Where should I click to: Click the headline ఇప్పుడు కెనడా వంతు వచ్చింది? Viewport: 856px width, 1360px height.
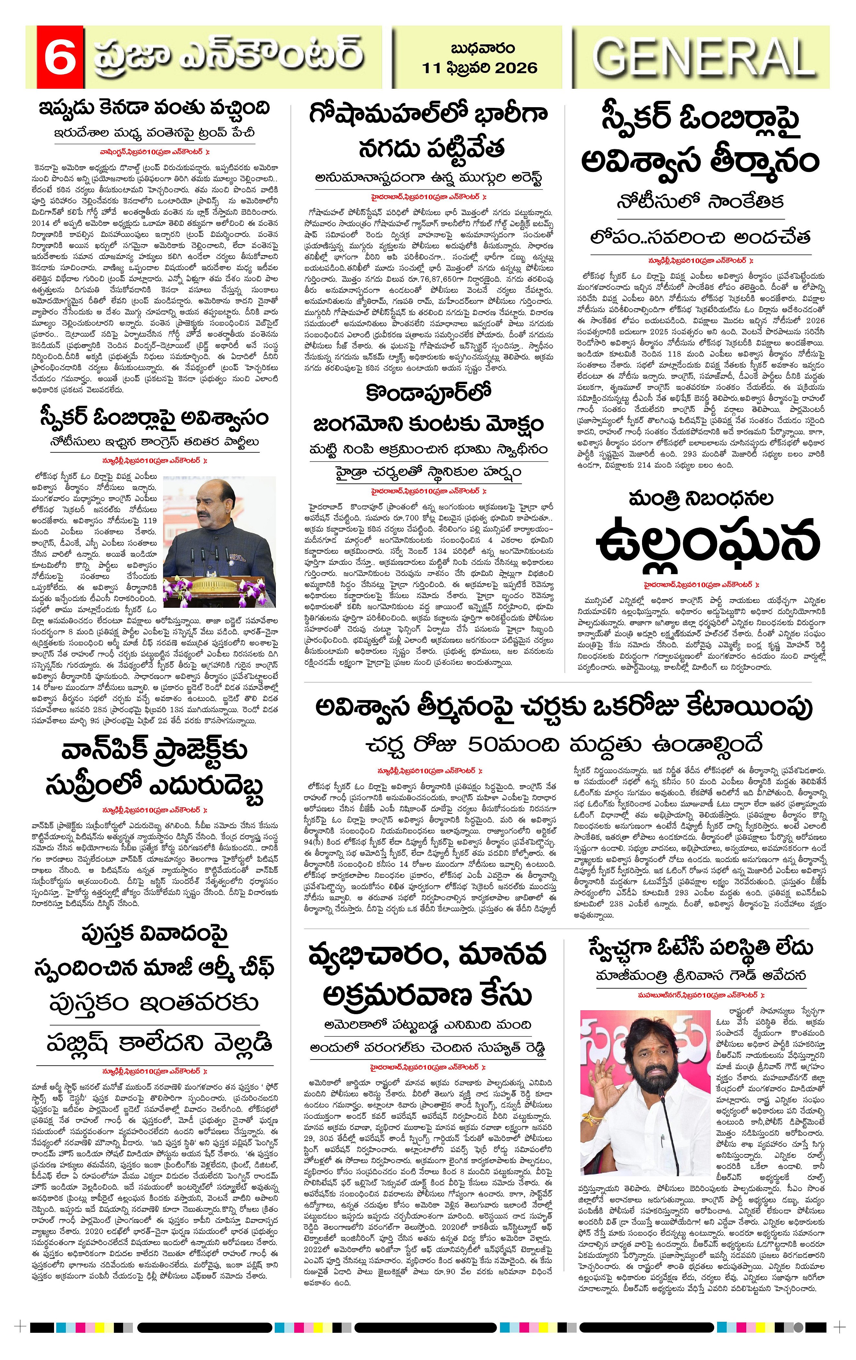click(154, 108)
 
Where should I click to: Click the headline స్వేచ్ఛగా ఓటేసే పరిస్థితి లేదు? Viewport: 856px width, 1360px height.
click(701, 946)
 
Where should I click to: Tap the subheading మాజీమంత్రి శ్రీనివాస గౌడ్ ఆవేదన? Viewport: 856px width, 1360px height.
click(701, 974)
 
